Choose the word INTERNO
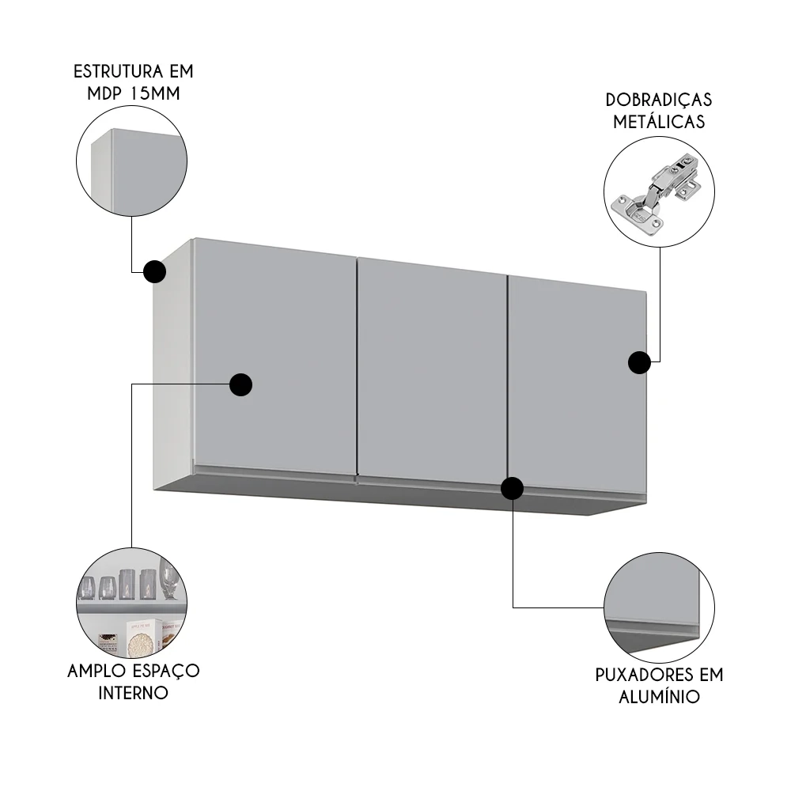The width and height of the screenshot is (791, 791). [x=133, y=693]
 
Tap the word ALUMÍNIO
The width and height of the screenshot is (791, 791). [x=659, y=697]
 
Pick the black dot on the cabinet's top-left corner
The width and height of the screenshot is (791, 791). [x=154, y=271]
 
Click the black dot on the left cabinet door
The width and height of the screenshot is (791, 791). [x=240, y=384]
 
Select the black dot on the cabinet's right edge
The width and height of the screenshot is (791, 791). [x=639, y=362]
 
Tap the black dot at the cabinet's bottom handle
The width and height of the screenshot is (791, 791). [x=513, y=489]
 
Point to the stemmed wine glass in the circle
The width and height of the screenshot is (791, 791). [x=167, y=577]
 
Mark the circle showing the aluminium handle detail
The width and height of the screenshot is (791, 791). [x=659, y=607]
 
